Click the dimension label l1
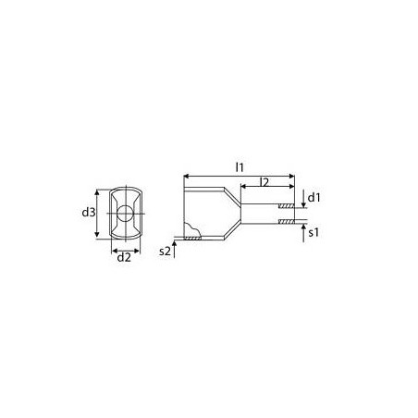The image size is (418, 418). pyautogui.click(x=239, y=166)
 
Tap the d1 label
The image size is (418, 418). pyautogui.click(x=314, y=197)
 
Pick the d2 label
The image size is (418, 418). pyautogui.click(x=124, y=258)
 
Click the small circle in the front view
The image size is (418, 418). pyautogui.click(x=124, y=214)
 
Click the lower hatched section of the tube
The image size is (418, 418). pyautogui.click(x=288, y=222)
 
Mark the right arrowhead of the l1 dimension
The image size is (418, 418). pyautogui.click(x=291, y=174)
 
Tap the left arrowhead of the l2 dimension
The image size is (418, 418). pyautogui.click(x=244, y=188)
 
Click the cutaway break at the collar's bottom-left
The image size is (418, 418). pyautogui.click(x=192, y=232)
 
